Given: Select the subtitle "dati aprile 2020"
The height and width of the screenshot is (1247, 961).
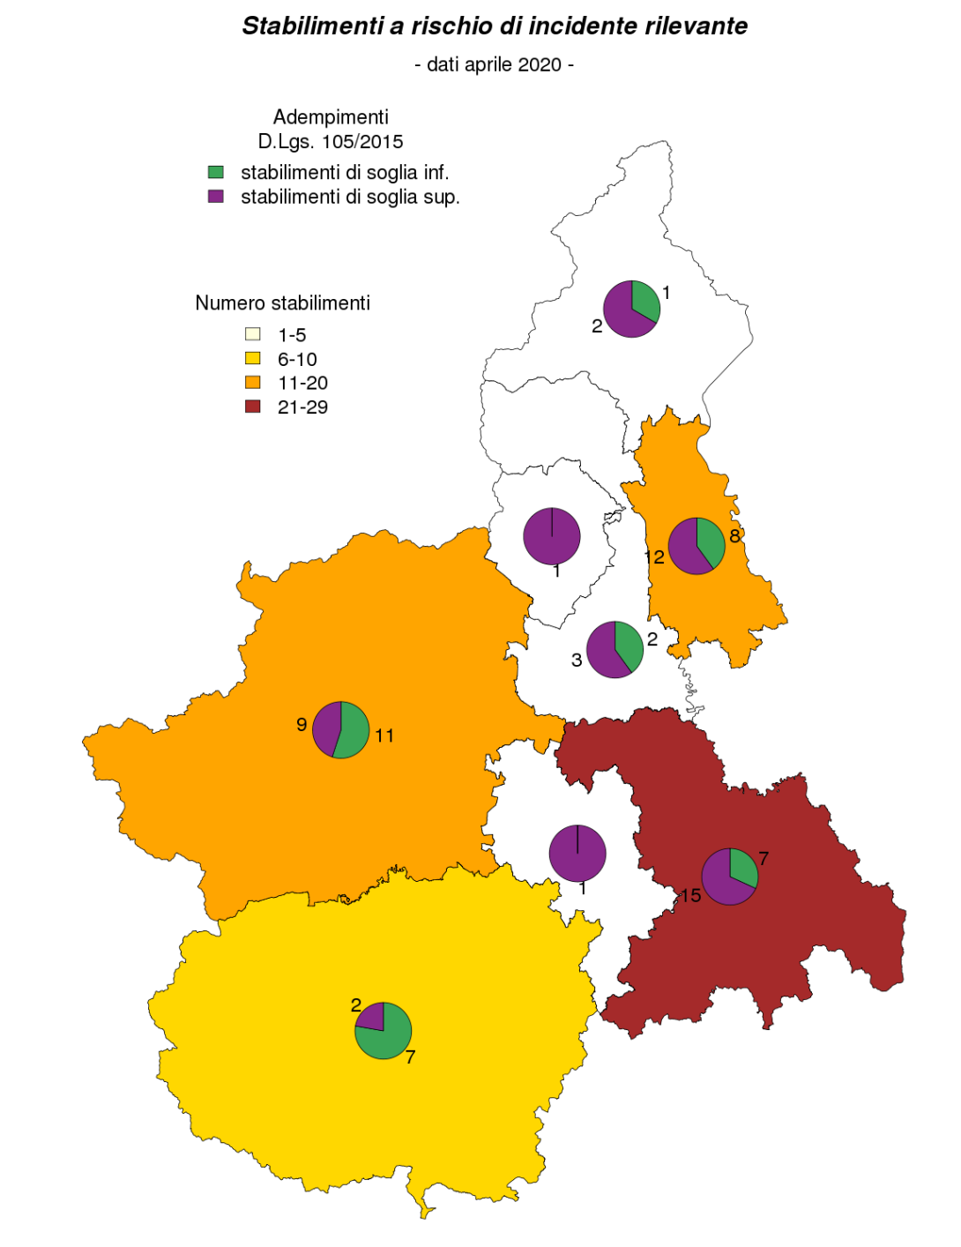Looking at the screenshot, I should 494,64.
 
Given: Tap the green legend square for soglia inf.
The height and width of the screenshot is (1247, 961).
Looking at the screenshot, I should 216,172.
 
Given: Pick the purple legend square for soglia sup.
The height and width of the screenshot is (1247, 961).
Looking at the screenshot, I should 216,196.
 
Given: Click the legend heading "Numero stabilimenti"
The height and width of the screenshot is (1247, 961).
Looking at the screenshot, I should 282,303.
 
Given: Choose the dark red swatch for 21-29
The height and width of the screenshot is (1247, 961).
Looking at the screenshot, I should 253,407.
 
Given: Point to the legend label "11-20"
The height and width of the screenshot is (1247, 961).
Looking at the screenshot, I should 302,383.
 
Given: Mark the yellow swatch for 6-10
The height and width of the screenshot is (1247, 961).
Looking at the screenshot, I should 253,358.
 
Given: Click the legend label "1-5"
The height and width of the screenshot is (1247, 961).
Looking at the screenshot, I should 292,335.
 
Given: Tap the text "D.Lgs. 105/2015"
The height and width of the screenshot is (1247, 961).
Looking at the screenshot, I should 331,141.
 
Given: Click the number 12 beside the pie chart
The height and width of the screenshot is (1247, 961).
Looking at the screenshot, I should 654,557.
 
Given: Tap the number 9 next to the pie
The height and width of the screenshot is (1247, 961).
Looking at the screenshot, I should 302,724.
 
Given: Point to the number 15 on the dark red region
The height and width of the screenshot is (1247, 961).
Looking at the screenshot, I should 691,896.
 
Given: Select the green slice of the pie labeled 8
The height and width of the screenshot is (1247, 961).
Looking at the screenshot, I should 711,540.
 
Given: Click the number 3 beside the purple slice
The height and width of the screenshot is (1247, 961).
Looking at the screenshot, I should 577,660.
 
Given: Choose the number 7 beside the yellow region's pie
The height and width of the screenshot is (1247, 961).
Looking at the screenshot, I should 410,1057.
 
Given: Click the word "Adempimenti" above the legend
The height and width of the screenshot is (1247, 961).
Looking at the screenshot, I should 331,117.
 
